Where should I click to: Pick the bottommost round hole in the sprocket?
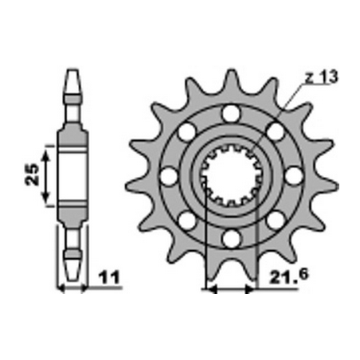tap(231, 237)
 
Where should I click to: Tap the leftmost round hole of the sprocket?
tap(169, 175)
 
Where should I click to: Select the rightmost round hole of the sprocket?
tap(293, 174)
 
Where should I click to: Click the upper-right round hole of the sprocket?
tap(275, 131)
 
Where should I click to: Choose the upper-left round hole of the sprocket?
tap(187, 131)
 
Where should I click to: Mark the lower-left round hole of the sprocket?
tap(187, 219)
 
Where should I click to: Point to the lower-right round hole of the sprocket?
tap(275, 219)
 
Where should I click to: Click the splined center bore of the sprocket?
tap(231, 175)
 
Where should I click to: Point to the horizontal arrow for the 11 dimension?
tap(72, 284)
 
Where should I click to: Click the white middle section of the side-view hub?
tap(72, 175)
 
